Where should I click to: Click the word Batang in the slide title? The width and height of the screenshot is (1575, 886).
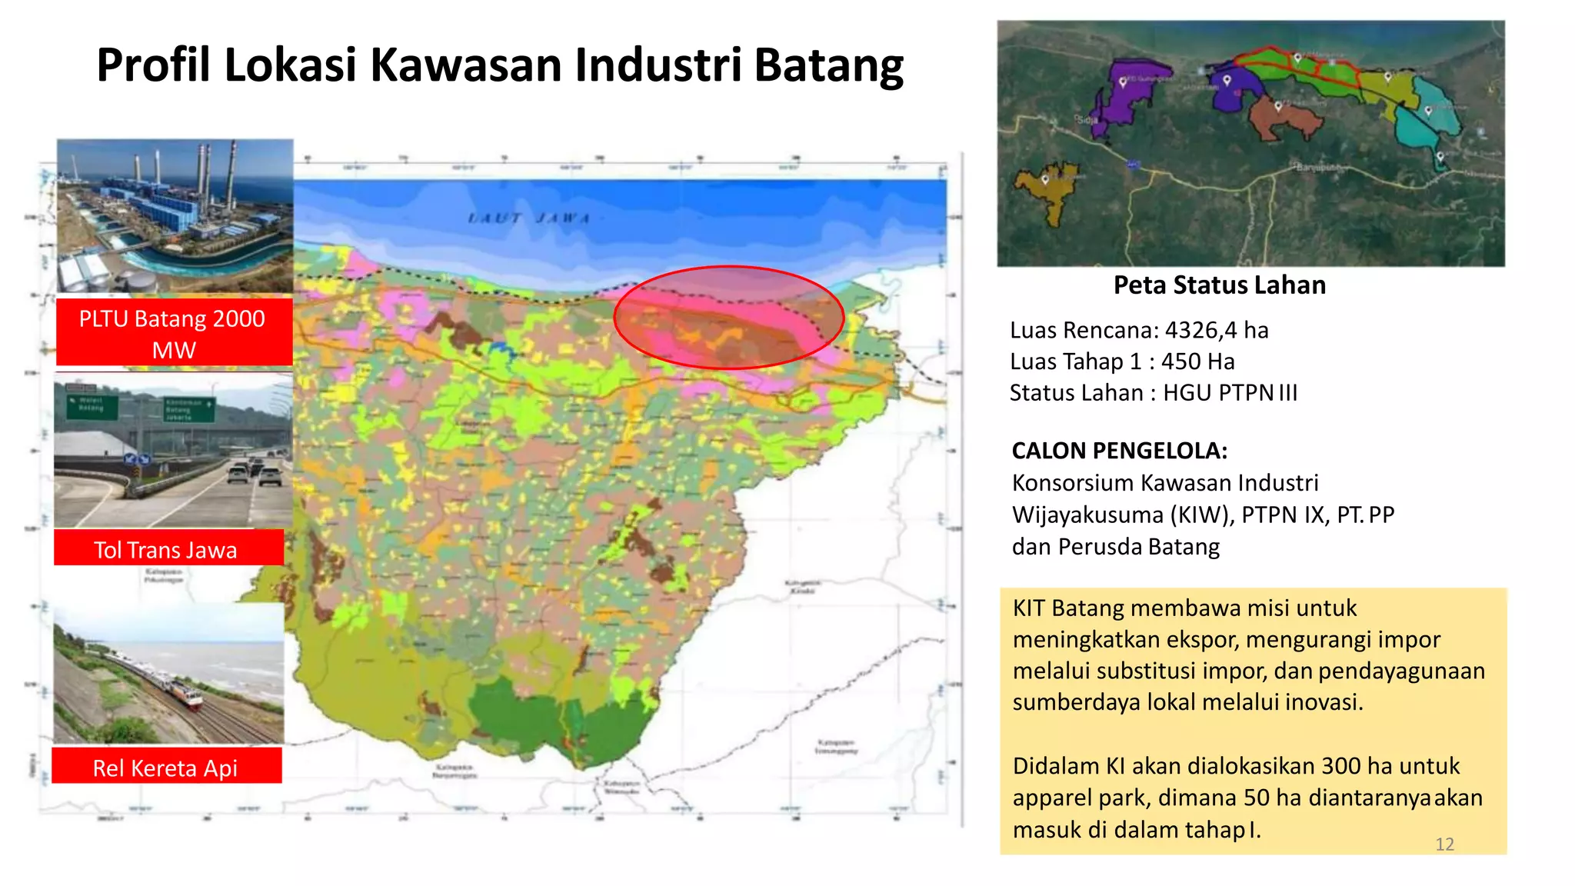pos(828,65)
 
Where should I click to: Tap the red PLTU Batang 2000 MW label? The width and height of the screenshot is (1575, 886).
pos(173,333)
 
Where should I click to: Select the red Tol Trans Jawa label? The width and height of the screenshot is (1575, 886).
pos(166,549)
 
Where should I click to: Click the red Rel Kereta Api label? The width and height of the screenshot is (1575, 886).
pos(165,767)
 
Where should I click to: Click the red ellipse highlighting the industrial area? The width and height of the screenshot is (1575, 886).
pos(728,317)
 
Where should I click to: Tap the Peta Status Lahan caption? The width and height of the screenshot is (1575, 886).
pos(1219,285)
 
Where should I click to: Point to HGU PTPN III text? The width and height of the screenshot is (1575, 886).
pos(1230,393)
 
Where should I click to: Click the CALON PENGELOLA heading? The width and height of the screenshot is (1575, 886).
pos(1119,451)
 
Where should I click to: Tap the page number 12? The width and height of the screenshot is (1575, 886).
pos(1444,844)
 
